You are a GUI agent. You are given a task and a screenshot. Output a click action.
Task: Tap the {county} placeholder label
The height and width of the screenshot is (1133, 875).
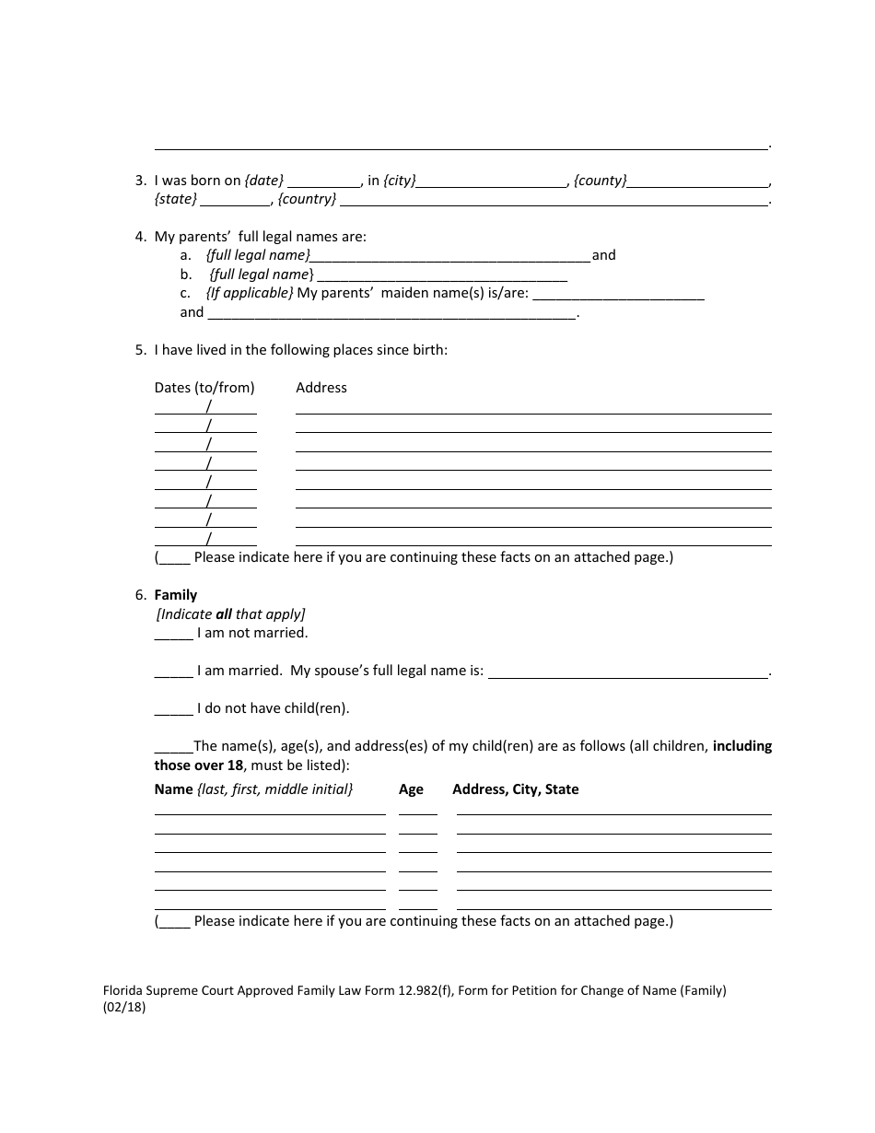(x=600, y=181)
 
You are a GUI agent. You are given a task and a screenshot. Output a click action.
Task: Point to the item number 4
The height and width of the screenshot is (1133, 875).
(x=140, y=237)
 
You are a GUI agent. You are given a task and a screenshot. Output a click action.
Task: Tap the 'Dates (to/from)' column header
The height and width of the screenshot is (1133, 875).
(x=204, y=388)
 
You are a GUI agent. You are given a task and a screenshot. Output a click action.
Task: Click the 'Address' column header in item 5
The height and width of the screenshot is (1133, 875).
(x=321, y=388)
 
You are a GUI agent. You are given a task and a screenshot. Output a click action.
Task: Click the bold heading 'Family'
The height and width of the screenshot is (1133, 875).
(x=175, y=595)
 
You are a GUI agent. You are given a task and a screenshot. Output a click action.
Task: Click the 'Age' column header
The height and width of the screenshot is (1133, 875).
(x=411, y=789)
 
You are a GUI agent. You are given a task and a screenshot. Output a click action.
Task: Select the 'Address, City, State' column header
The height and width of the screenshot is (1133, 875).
(x=515, y=789)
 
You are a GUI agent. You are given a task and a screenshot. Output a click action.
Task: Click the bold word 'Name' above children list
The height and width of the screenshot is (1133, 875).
(x=173, y=789)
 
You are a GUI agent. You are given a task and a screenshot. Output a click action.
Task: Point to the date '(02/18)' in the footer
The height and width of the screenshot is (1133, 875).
(x=124, y=1007)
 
